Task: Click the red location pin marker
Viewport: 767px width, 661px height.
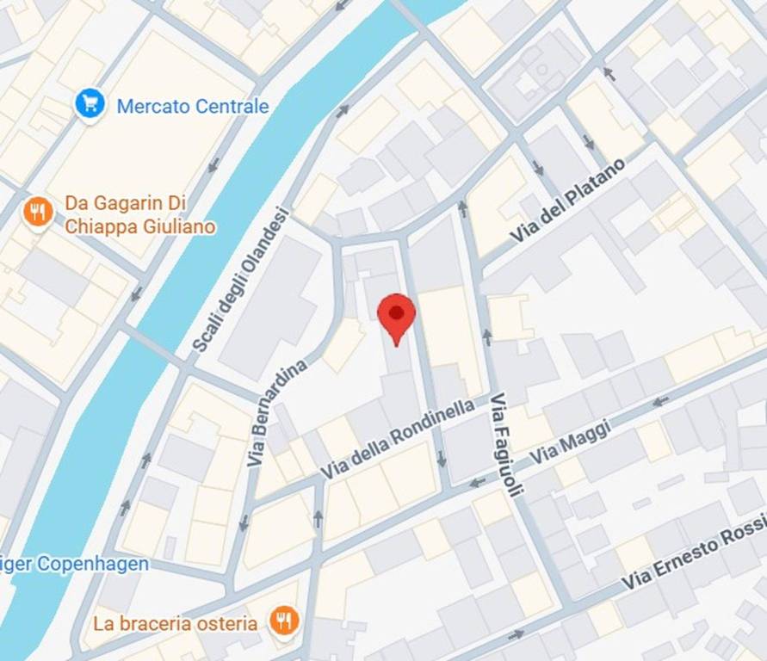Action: tap(396, 316)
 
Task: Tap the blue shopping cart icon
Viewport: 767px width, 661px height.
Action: tap(90, 104)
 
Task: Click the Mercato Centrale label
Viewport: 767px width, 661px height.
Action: tap(193, 107)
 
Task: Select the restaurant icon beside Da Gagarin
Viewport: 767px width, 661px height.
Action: tap(37, 211)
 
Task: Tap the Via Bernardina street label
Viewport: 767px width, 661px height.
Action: tap(279, 413)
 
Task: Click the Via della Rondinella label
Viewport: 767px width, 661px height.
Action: tap(398, 440)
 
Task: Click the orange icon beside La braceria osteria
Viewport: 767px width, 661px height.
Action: tap(283, 620)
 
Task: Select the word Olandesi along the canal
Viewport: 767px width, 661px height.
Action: tap(269, 245)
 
